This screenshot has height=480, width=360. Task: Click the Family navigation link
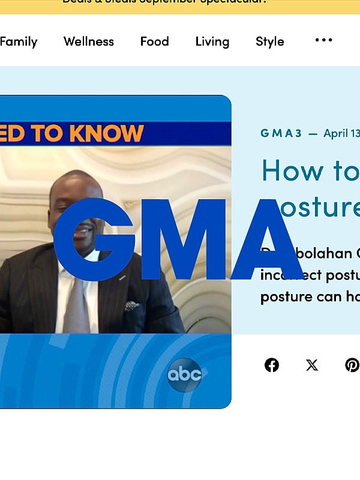coord(18,41)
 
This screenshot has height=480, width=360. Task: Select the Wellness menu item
coord(89,41)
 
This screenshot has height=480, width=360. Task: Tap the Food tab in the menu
coord(154,41)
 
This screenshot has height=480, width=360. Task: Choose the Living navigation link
coord(212,41)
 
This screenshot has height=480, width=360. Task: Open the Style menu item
coord(270,41)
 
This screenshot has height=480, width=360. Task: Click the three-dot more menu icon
coord(323,40)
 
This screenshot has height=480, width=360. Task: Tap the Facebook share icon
coord(272,365)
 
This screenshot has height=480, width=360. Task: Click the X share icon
coord(312,365)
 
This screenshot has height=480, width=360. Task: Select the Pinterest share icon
coord(352,365)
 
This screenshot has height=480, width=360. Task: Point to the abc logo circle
coord(184,375)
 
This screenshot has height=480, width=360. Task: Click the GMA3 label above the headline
coord(281,133)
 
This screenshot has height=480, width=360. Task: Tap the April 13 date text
coord(341,133)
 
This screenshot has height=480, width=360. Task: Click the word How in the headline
coord(286,170)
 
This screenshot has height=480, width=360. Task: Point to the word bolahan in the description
coord(324,253)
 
